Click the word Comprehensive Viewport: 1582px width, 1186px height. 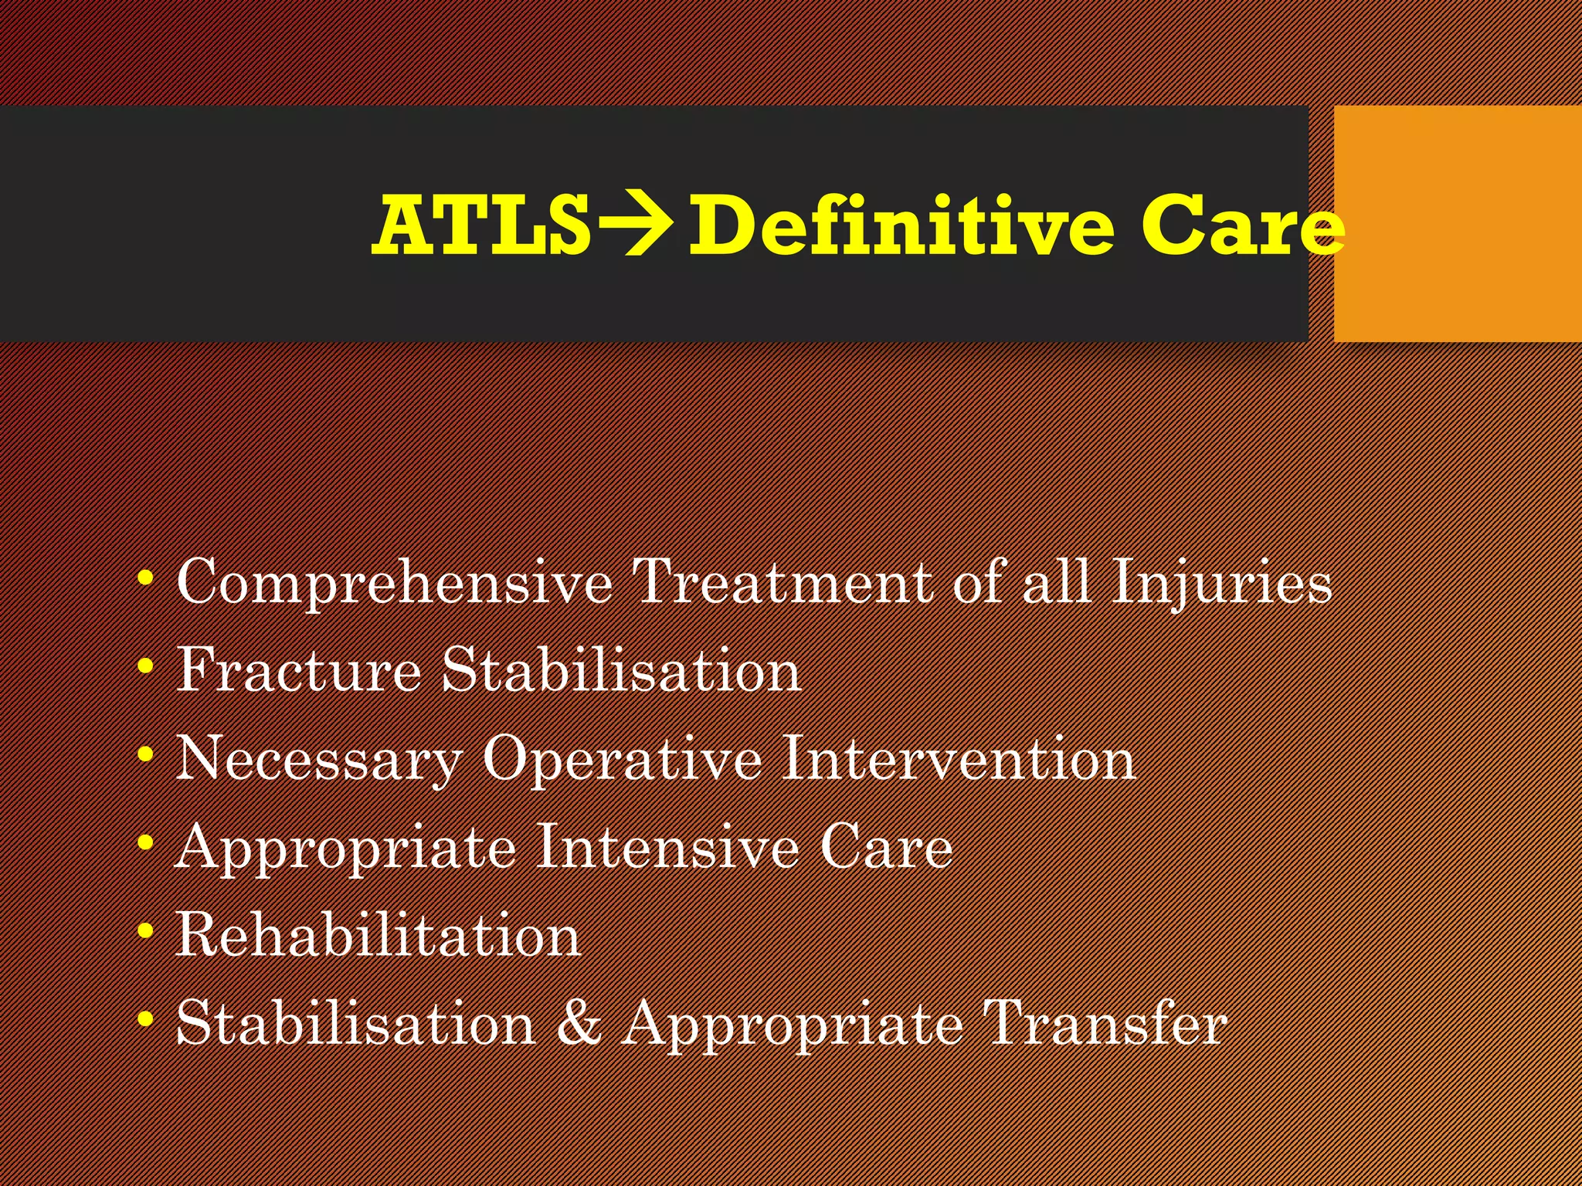(x=394, y=584)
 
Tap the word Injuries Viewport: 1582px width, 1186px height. (x=1221, y=584)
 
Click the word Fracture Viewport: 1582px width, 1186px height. (x=298, y=670)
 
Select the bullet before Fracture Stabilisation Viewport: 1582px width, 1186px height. (x=144, y=666)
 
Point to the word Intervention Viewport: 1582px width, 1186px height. (x=958, y=758)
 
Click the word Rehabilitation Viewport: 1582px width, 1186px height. (x=378, y=935)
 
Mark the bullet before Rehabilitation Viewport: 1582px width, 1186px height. (x=144, y=932)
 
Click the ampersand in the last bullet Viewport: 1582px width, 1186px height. (x=579, y=1023)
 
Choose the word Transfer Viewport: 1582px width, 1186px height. (x=1105, y=1023)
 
